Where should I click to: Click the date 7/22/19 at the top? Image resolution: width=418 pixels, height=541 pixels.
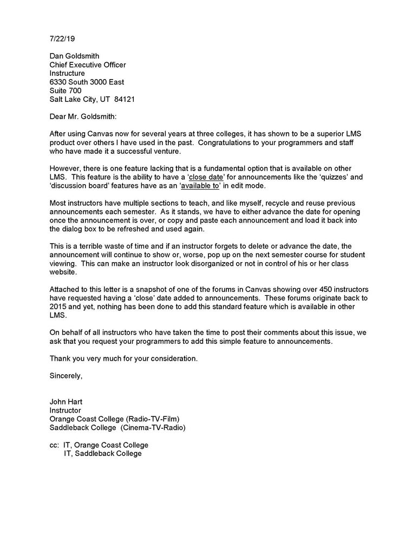(61, 40)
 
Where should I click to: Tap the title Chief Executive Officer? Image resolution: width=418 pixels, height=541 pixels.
(88, 65)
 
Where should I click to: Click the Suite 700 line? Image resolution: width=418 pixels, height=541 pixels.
(66, 91)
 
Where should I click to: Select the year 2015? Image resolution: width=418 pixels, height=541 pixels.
(58, 307)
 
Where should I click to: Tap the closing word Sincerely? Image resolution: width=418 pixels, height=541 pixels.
(66, 375)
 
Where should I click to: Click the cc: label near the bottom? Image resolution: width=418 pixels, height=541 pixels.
(54, 445)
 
